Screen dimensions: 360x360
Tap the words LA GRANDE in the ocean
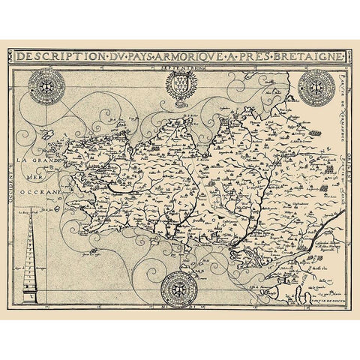40,162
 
